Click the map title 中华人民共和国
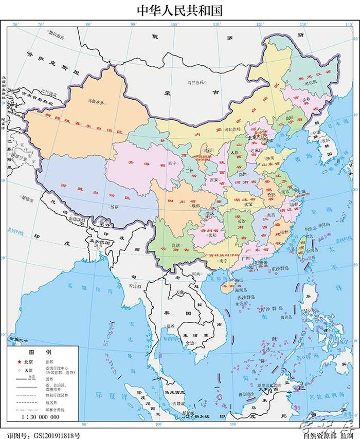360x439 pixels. point(179,10)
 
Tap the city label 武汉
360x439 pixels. point(248,204)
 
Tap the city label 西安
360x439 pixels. point(214,180)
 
